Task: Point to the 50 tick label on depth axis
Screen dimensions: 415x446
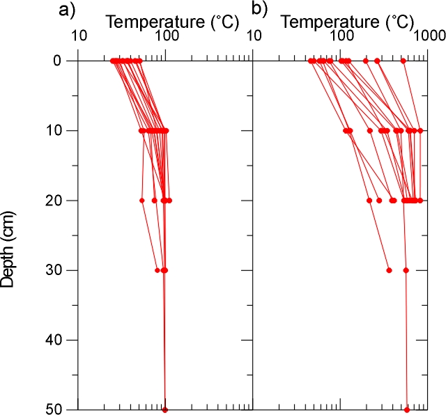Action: pos(59,409)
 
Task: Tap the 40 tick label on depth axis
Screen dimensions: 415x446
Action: pos(59,340)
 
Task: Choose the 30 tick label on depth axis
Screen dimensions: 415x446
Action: pos(59,270)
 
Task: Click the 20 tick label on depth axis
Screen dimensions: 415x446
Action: pos(59,201)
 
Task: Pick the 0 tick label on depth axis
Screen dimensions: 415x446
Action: pos(63,61)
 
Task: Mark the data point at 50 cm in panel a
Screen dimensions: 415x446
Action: pos(165,409)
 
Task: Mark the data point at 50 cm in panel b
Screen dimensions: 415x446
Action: pos(407,409)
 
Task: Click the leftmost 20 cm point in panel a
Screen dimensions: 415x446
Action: pos(142,201)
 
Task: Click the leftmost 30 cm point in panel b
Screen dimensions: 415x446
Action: pos(389,270)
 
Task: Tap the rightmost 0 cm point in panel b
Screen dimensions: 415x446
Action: pos(403,61)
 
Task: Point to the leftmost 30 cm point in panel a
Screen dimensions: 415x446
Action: pos(157,270)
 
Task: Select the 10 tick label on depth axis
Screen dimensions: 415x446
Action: pos(59,131)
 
